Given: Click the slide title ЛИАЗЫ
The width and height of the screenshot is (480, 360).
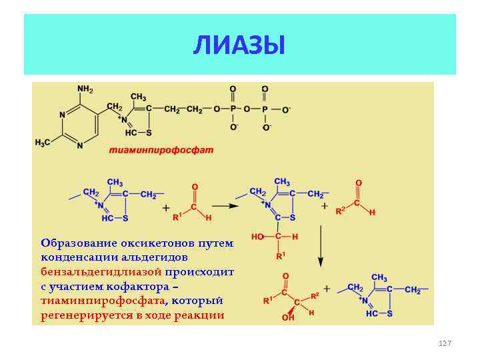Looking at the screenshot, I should click(239, 45).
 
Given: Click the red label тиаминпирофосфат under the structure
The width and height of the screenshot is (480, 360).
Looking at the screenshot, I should click(161, 150).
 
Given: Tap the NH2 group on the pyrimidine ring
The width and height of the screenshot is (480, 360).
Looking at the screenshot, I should click(85, 89).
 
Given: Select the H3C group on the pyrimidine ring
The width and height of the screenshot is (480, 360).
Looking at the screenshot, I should click(43, 143).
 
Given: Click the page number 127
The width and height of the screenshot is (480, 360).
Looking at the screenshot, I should click(445, 343).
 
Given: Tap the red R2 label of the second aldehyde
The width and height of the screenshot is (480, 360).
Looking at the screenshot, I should click(340, 211).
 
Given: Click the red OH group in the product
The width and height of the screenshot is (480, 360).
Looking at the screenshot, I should click(289, 317).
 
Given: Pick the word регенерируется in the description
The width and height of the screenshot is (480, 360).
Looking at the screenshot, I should click(86, 315).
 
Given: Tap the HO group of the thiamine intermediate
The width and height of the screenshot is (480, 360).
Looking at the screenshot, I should click(257, 236).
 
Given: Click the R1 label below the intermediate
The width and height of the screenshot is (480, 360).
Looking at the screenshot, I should click(281, 256).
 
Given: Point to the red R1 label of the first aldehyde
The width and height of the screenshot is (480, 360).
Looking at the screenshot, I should click(177, 217).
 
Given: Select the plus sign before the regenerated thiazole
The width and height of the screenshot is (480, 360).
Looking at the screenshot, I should click(327, 289).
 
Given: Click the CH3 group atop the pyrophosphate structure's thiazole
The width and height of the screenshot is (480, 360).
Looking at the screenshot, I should click(139, 97).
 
